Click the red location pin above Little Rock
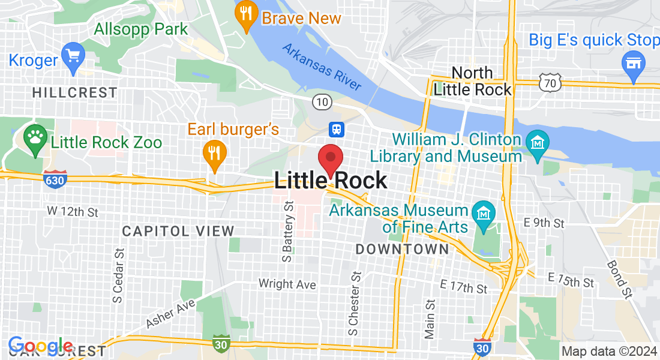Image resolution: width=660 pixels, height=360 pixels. pyautogui.click(x=330, y=158)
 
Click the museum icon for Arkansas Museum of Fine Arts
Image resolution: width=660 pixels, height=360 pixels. pyautogui.click(x=483, y=213)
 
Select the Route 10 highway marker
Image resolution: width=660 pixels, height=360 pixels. pyautogui.click(x=322, y=102)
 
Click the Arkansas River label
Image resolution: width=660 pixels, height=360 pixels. pyautogui.click(x=322, y=68)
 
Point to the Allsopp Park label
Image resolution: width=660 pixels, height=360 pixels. pyautogui.click(x=141, y=29)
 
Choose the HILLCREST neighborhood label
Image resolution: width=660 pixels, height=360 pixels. pyautogui.click(x=75, y=92)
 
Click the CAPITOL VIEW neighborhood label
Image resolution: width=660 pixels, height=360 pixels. pyautogui.click(x=178, y=231)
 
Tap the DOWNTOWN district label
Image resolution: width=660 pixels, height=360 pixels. pyautogui.click(x=402, y=249)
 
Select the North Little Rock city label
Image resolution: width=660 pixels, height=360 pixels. pyautogui.click(x=472, y=82)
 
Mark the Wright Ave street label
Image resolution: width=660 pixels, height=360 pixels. pyautogui.click(x=287, y=284)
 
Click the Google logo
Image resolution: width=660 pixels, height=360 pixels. pyautogui.click(x=40, y=346)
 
